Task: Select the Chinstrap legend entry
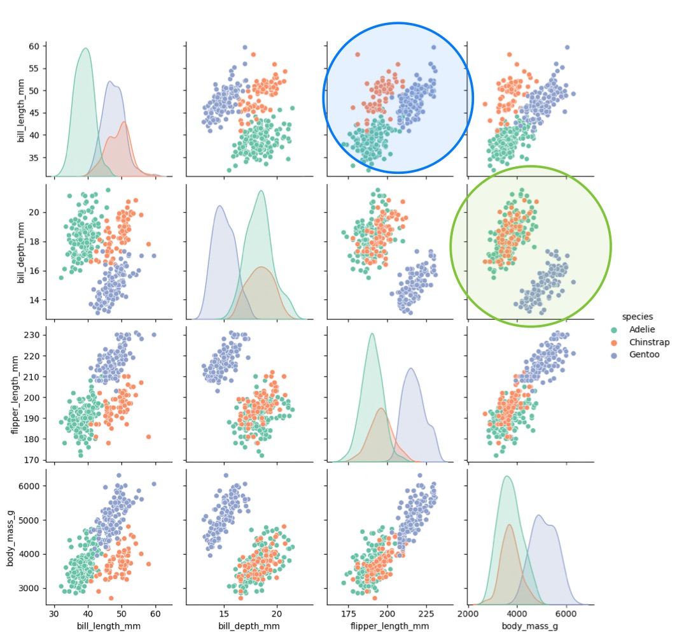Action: (x=648, y=342)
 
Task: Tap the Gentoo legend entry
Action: (x=644, y=355)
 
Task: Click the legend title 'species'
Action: (x=637, y=317)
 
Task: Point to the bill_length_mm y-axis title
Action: (x=21, y=110)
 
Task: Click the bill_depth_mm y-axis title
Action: (x=21, y=252)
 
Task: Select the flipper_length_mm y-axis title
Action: (x=16, y=394)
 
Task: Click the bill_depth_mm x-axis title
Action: (x=249, y=626)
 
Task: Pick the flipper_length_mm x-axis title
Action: (x=390, y=626)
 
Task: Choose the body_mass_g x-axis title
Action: (x=531, y=626)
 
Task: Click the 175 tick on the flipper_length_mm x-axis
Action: (x=349, y=613)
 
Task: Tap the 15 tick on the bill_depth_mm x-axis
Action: (x=224, y=613)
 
